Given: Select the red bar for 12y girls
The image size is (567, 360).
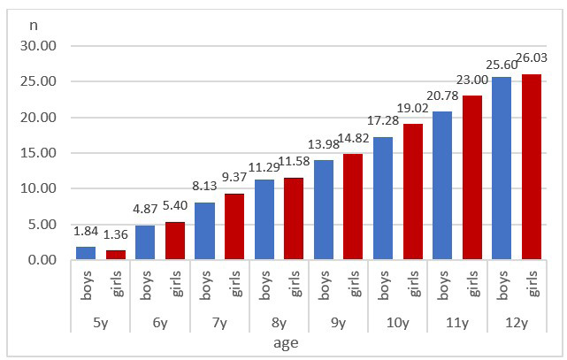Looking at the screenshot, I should click(532, 167).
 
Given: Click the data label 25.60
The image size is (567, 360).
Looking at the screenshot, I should click(502, 65).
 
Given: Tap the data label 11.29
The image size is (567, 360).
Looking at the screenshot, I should click(264, 165).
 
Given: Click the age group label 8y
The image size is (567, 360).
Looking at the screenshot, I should click(279, 324).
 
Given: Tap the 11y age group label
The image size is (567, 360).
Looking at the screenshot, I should click(456, 324).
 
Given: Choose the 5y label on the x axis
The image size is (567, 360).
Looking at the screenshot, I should click(101, 324).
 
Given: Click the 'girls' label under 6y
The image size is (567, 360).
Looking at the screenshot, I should click(176, 288).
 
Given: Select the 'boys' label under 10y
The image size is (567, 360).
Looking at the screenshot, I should click(383, 288).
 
